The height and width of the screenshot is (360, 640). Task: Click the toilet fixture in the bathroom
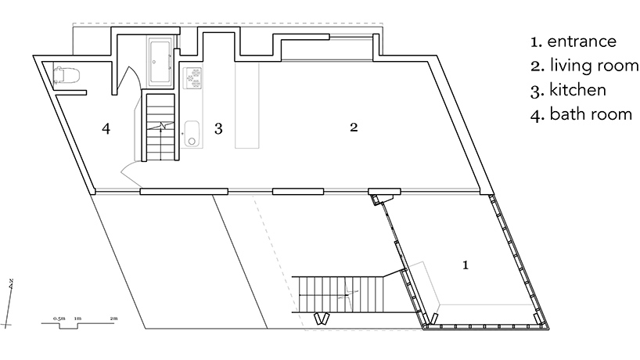pyautogui.click(x=66, y=75)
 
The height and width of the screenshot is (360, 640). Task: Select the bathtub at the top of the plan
pyautogui.click(x=160, y=61)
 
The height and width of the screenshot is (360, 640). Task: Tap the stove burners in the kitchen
pyautogui.click(x=193, y=78)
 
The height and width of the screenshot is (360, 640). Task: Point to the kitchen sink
pyautogui.click(x=191, y=134)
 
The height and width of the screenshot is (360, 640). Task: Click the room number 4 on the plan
pyautogui.click(x=106, y=128)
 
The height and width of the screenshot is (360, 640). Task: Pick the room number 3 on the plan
pyautogui.click(x=218, y=129)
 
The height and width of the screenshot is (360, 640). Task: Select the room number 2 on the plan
pyautogui.click(x=354, y=128)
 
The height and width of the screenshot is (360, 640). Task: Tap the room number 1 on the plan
pyautogui.click(x=466, y=265)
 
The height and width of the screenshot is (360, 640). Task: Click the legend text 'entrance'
pyautogui.click(x=581, y=41)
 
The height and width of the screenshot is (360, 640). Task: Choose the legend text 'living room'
pyautogui.click(x=595, y=66)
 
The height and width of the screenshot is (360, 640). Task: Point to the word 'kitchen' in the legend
pyautogui.click(x=577, y=90)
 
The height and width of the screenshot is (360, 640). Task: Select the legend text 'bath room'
pyautogui.click(x=591, y=114)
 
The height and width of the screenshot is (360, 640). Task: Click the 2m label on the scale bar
pyautogui.click(x=114, y=319)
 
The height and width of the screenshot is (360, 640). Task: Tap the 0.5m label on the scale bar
pyautogui.click(x=59, y=319)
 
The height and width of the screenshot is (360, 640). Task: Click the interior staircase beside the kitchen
pyautogui.click(x=160, y=127)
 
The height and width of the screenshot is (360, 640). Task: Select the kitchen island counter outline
pyautogui.click(x=247, y=106)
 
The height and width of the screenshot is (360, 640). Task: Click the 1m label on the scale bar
pyautogui.click(x=77, y=319)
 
